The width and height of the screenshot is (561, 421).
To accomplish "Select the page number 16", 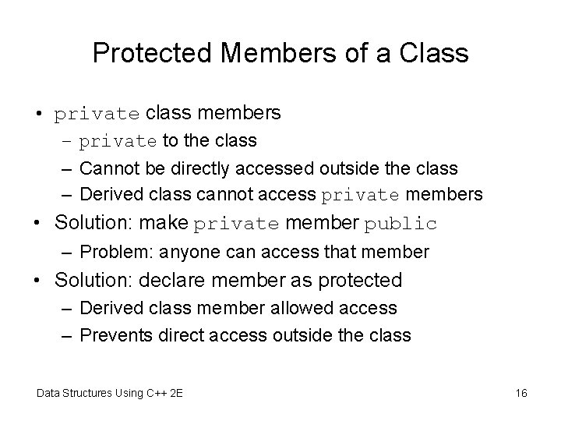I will (521, 392).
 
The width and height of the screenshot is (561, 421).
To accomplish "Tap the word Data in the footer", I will (50, 392).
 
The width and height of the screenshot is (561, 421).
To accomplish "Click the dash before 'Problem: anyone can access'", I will (69, 252).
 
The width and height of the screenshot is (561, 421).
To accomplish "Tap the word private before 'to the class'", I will (118, 142).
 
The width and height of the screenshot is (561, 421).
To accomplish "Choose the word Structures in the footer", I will (91, 392).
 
